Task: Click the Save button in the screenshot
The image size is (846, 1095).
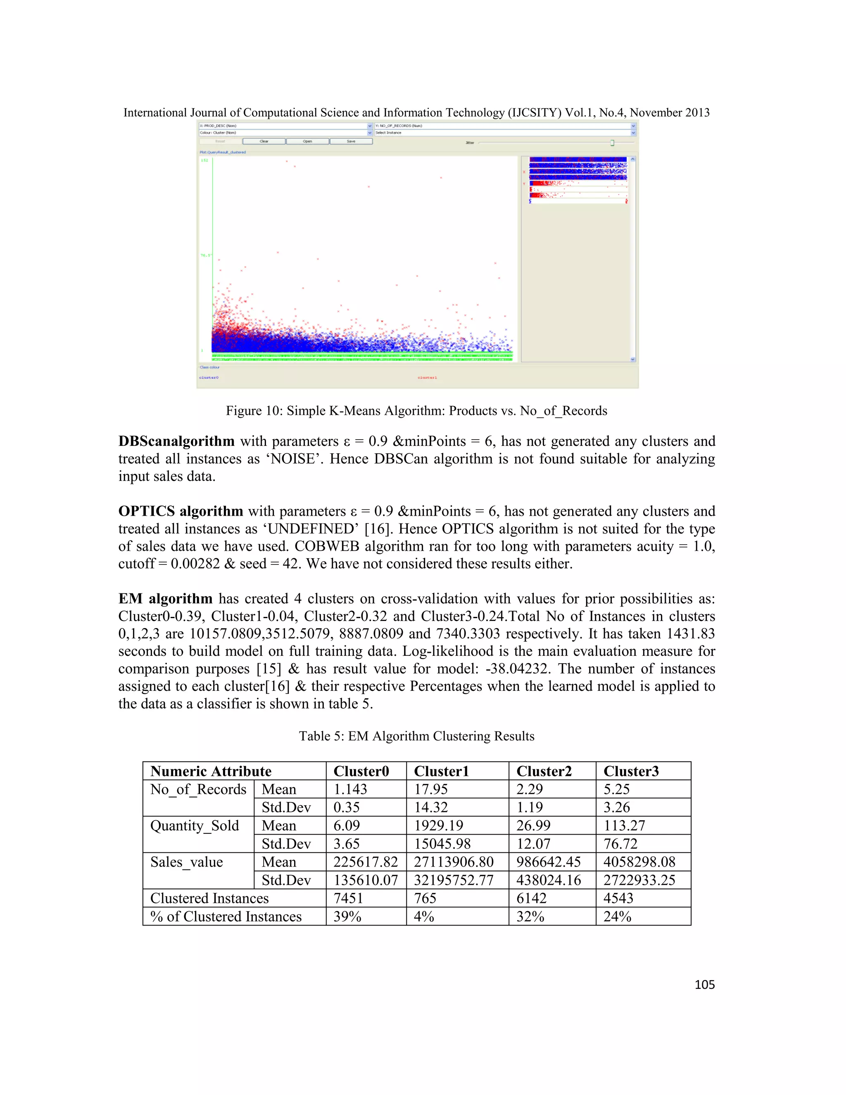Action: coord(351,141)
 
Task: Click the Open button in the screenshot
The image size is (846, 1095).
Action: coord(307,141)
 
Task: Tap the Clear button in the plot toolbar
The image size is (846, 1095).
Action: coord(264,141)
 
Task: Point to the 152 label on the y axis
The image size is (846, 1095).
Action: coord(204,160)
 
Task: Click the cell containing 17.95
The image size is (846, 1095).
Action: coord(430,789)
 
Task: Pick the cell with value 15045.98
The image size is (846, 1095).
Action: coord(442,844)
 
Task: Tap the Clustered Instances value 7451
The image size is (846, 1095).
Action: coord(347,898)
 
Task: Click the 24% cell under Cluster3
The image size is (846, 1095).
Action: coord(617,916)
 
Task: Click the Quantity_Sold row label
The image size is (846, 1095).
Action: coord(195,826)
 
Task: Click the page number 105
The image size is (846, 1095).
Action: coord(704,985)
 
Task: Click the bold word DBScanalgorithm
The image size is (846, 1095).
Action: coord(176,441)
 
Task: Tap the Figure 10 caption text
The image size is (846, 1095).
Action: coord(416,411)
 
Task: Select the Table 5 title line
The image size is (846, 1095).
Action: coord(416,736)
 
